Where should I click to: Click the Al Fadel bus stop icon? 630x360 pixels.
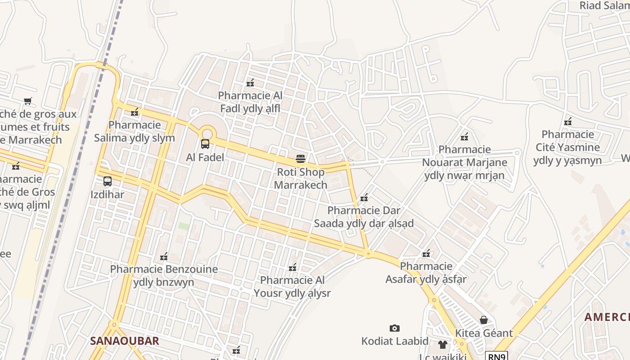click(x=205, y=144)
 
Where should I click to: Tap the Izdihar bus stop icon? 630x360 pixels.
click(x=108, y=181)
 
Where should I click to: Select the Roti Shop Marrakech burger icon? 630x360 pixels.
click(x=301, y=158)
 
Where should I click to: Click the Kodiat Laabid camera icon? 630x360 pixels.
click(x=395, y=328)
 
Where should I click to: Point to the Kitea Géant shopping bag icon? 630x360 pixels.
click(x=484, y=320)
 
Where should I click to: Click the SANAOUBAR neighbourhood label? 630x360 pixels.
click(x=125, y=341)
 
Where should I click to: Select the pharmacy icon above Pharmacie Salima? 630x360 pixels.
click(x=135, y=112)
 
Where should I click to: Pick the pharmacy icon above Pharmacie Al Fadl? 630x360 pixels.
click(x=250, y=83)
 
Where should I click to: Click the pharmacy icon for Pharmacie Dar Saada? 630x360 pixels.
click(x=364, y=197)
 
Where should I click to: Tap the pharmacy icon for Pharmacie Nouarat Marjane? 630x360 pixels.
click(x=464, y=136)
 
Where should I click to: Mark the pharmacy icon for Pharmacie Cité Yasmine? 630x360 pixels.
click(x=568, y=121)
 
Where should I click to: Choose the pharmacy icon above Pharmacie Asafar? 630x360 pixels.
click(x=426, y=253)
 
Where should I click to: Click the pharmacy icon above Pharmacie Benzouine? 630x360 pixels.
click(x=164, y=256)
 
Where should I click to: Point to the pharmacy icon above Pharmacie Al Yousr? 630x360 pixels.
click(x=292, y=267)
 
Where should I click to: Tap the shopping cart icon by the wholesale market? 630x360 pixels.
click(x=28, y=101)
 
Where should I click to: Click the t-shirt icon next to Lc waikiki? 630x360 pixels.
click(x=443, y=345)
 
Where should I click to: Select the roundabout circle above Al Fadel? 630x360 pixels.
click(x=207, y=133)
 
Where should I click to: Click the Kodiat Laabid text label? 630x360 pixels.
click(x=395, y=341)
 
